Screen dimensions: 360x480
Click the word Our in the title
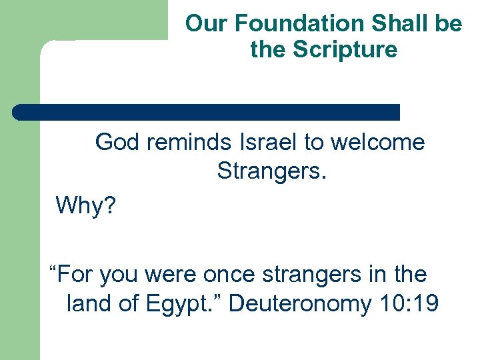(203, 24)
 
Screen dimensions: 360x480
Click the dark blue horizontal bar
(207, 112)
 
